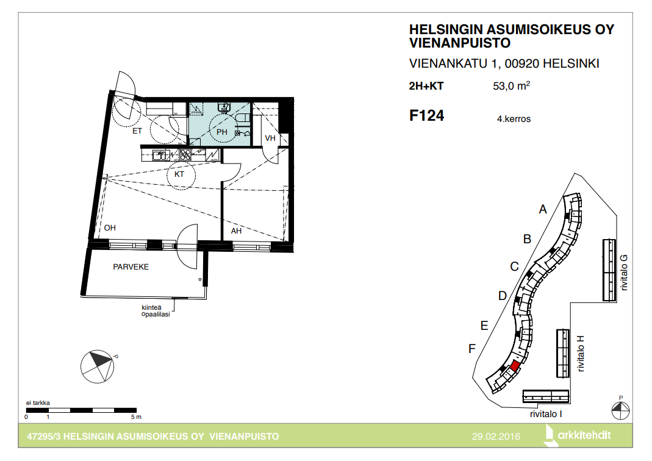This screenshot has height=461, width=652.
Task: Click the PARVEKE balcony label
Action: click(x=131, y=267)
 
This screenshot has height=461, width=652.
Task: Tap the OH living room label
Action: click(x=110, y=228)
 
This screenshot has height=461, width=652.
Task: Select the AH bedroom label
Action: click(x=236, y=230)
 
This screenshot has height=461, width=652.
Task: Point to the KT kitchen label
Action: click(x=179, y=174)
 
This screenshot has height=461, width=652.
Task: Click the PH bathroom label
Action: click(x=222, y=132)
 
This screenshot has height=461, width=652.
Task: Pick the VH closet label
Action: click(x=270, y=138)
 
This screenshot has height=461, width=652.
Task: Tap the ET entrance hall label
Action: click(x=137, y=131)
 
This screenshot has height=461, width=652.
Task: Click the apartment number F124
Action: click(x=426, y=115)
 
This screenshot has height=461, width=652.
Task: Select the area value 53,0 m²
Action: click(x=512, y=85)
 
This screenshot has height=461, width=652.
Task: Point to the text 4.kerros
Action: click(x=514, y=119)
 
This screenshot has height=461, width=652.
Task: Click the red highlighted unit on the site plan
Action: click(x=515, y=366)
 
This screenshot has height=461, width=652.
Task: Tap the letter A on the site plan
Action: click(x=543, y=209)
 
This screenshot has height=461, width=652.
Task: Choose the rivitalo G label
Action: click(x=624, y=273)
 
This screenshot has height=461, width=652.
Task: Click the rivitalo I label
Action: click(x=546, y=414)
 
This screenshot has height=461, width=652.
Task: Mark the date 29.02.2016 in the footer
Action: click(x=496, y=437)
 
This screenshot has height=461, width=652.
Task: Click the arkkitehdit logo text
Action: click(x=584, y=435)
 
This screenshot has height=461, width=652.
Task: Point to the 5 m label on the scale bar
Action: click(x=136, y=416)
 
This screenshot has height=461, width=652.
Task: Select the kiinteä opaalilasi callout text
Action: click(x=156, y=311)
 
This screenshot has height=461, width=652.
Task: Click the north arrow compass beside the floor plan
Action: click(x=98, y=366)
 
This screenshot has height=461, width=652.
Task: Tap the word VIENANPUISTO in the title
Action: click(x=459, y=43)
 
